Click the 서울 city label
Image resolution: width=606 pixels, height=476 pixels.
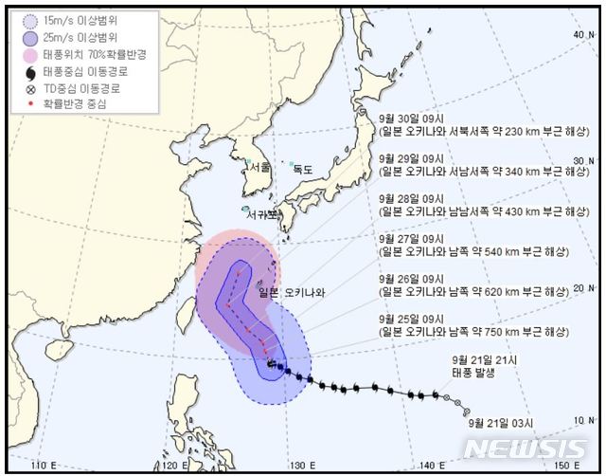click(259, 166)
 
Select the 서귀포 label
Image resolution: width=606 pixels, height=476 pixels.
click(262, 214)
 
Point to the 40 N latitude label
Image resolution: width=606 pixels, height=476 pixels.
click(581, 35)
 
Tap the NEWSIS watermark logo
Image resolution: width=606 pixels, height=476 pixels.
click(526, 449)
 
